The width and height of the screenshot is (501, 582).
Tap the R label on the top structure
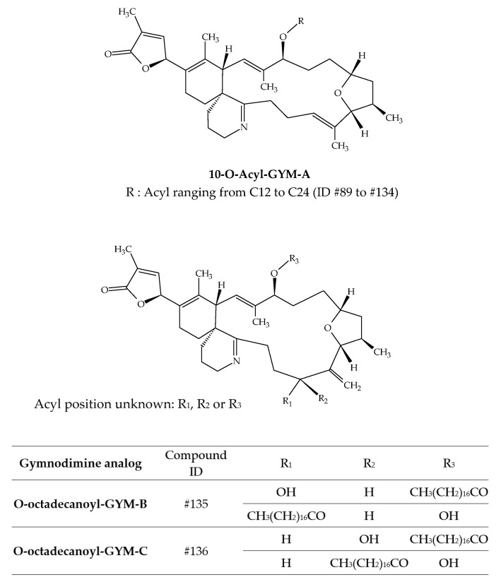click(x=301, y=22)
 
